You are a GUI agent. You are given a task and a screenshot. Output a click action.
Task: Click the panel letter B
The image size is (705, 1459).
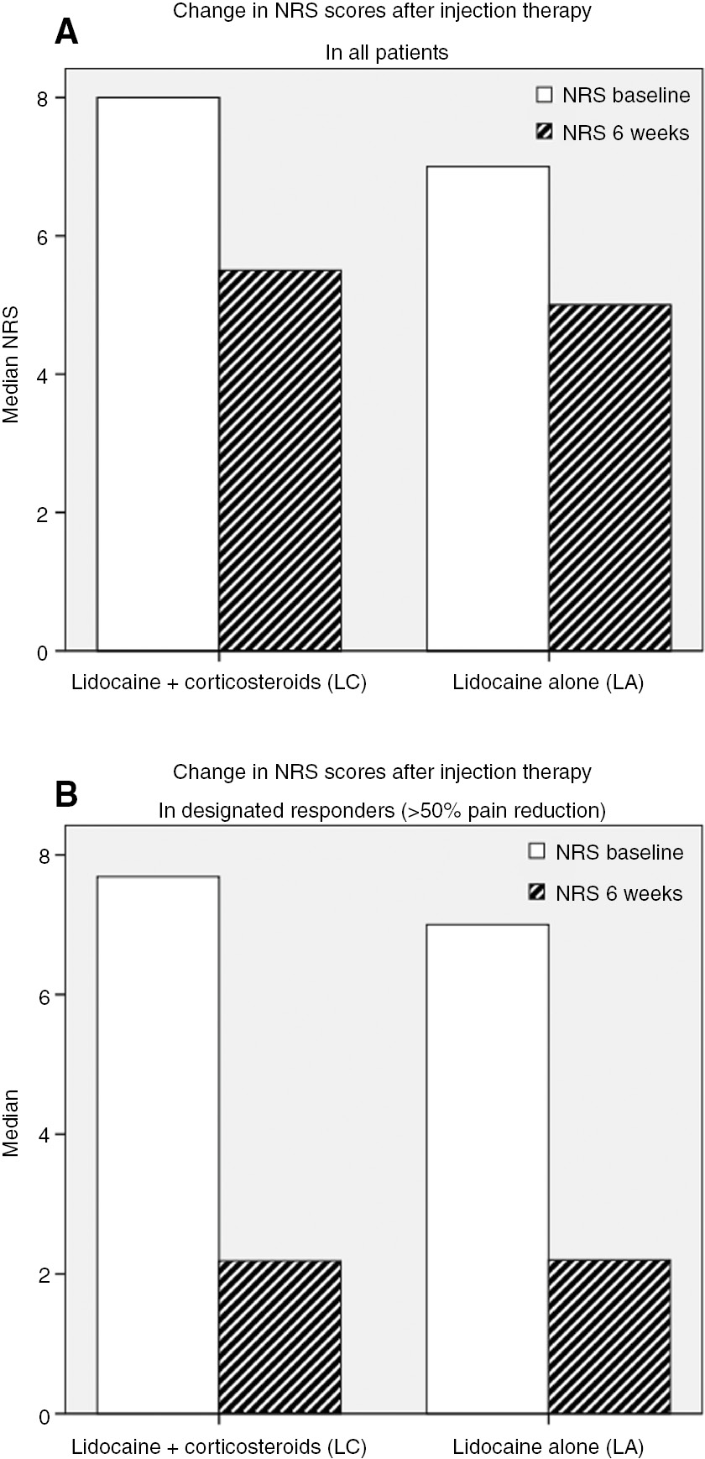66,793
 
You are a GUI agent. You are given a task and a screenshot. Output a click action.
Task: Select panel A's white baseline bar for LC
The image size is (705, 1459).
159,374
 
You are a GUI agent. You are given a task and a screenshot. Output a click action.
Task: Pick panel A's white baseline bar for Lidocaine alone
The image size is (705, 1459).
488,408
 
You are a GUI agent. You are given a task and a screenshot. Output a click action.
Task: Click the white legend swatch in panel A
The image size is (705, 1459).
544,95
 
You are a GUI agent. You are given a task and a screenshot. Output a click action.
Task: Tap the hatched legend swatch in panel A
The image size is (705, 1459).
544,133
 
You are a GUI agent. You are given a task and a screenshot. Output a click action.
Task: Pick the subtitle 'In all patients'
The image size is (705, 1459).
387,53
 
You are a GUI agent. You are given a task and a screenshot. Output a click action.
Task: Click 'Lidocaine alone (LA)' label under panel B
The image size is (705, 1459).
548,1446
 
